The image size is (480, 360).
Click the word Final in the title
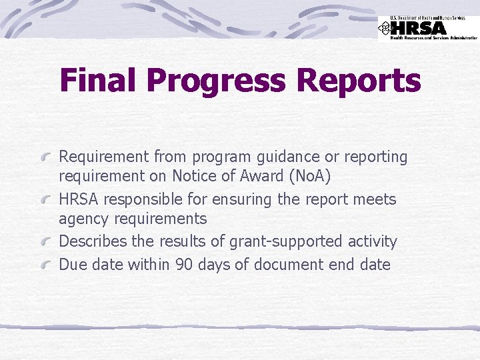[99, 81]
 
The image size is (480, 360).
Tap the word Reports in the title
[359, 81]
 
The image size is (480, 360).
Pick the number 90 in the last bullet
[184, 265]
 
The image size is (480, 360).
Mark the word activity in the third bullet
[373, 241]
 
